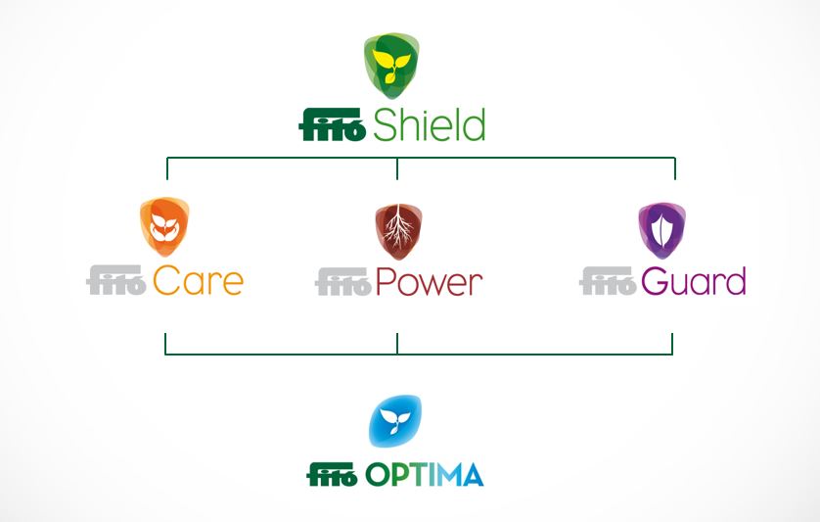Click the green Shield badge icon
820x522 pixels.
[x=391, y=66]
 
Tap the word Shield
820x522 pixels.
[x=430, y=124]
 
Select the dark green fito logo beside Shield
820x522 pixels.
[x=332, y=124]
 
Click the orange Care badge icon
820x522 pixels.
[x=164, y=226]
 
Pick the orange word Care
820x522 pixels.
[x=199, y=281]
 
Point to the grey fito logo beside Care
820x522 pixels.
[x=116, y=280]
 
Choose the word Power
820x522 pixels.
[x=429, y=282]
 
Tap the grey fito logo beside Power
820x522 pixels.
[x=343, y=282]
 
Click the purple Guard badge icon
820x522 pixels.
[x=662, y=231]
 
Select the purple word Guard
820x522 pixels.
[x=694, y=281]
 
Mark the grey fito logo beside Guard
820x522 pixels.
[x=609, y=281]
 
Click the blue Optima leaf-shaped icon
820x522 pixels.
[x=395, y=421]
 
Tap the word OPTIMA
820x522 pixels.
[x=424, y=475]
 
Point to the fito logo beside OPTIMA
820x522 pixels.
[x=333, y=474]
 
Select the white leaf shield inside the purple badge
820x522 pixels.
[x=662, y=231]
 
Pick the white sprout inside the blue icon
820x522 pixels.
[x=395, y=421]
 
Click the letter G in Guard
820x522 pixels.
[x=654, y=281]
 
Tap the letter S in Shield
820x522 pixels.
[x=385, y=125]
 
